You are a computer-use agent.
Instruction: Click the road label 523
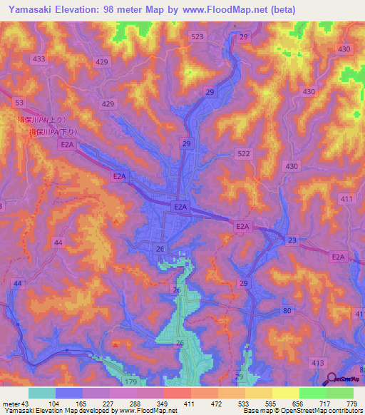pos(197,36)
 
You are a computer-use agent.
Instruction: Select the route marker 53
pos(19,103)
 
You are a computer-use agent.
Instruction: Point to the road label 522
pos(244,154)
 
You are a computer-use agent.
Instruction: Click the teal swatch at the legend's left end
pos(42,393)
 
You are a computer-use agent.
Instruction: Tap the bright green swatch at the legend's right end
pos(340,393)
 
